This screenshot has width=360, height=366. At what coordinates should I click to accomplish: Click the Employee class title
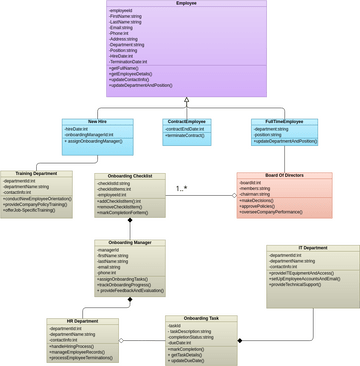(186, 4)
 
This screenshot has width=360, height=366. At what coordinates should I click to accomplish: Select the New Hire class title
(98, 121)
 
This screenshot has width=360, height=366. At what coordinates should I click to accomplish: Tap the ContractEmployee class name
(186, 121)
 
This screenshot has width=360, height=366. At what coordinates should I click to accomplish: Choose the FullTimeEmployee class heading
(284, 121)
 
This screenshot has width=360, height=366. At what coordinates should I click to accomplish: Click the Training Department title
(36, 174)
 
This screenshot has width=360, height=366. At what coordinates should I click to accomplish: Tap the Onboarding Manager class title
(130, 242)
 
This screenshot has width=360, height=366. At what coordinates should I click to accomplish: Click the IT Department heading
(312, 248)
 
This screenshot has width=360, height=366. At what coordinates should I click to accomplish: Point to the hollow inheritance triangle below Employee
(186, 101)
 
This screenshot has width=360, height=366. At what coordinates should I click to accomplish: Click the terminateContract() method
(186, 135)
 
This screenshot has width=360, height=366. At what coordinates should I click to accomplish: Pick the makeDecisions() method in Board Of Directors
(261, 201)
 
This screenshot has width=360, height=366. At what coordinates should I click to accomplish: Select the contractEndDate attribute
(185, 128)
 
